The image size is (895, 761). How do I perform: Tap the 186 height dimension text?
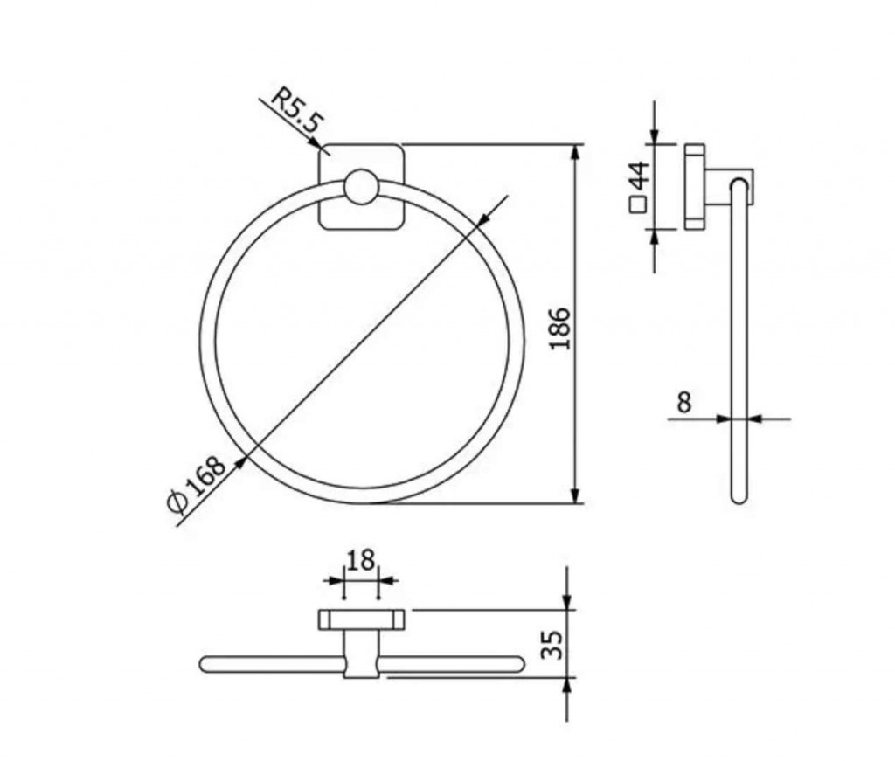(x=559, y=329)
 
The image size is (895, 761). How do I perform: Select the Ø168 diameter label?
(x=197, y=485)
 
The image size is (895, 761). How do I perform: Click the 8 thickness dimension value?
(x=683, y=402)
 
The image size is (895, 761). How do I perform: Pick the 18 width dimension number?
(x=360, y=560)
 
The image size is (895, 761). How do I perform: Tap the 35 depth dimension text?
(x=552, y=645)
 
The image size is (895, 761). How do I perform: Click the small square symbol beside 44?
(x=637, y=204)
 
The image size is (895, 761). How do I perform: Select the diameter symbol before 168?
(x=177, y=502)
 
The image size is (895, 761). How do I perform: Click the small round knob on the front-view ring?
(x=361, y=187)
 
